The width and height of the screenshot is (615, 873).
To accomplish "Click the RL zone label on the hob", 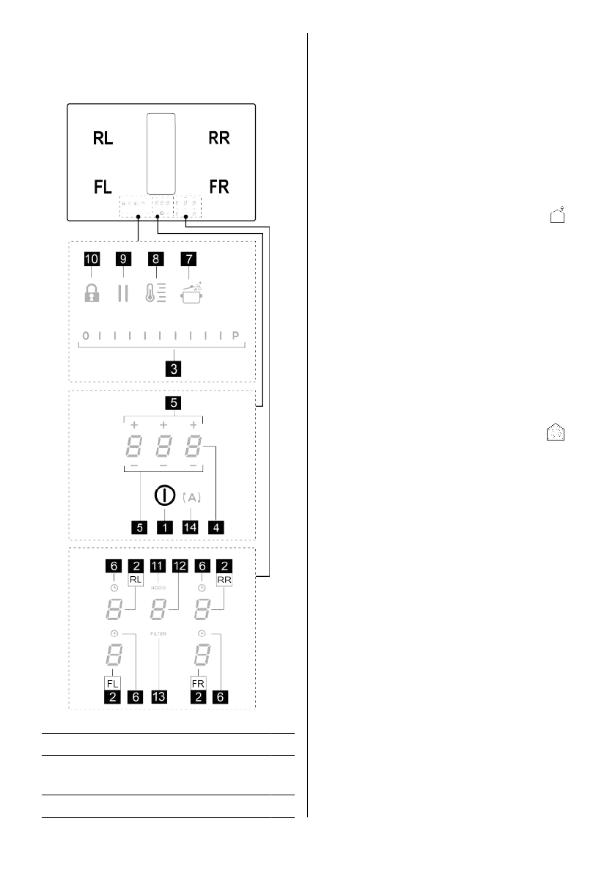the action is [x=103, y=139].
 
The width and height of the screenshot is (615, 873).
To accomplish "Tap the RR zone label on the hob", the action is [x=219, y=139].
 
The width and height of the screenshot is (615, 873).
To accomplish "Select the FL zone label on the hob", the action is [x=103, y=187].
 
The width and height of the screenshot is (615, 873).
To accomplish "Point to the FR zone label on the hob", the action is [x=219, y=187].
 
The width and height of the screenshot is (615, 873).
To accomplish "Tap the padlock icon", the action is [x=90, y=293].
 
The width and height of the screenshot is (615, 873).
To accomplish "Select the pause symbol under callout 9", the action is [x=122, y=293].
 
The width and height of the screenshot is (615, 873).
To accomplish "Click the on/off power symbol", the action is [x=164, y=496].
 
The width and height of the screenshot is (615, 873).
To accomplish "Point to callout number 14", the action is [x=191, y=526].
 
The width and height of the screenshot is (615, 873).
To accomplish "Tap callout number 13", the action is [x=159, y=697].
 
